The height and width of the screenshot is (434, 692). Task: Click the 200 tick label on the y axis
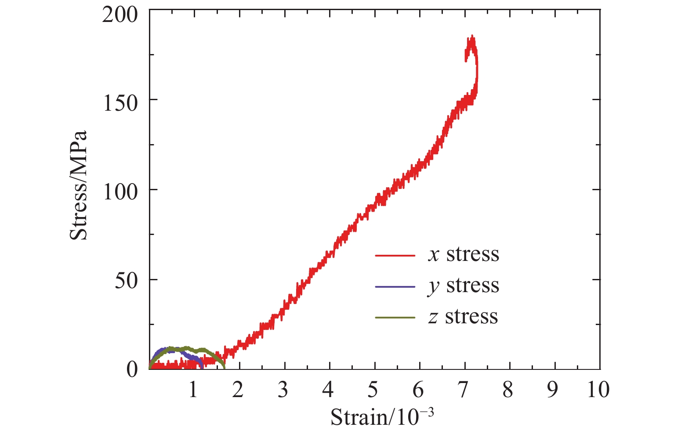point(120,15)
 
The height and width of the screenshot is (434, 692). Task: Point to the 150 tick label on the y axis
point(120,104)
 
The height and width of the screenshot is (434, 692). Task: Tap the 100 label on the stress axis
point(120,192)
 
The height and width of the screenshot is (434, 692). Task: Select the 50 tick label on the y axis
point(126,282)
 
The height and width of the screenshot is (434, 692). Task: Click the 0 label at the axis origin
point(132,370)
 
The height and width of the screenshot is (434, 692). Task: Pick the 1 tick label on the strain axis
point(193,390)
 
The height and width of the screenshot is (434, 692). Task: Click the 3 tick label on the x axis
point(283,390)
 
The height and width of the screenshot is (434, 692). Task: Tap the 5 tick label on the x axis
point(373,390)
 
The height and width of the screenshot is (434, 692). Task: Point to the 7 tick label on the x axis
point(463,390)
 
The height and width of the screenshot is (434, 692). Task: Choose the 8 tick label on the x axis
point(508,390)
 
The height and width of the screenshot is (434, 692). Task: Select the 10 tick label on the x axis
point(598,390)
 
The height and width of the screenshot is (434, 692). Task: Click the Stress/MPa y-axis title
point(79,185)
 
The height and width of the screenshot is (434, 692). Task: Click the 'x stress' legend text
point(464,254)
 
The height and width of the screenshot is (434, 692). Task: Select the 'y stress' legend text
point(464,286)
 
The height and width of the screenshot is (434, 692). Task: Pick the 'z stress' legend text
point(464,317)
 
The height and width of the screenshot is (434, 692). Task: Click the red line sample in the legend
point(395,255)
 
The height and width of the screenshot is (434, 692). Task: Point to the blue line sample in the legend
point(395,286)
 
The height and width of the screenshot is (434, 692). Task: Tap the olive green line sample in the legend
point(395,317)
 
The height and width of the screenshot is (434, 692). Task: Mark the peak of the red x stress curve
point(472,36)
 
